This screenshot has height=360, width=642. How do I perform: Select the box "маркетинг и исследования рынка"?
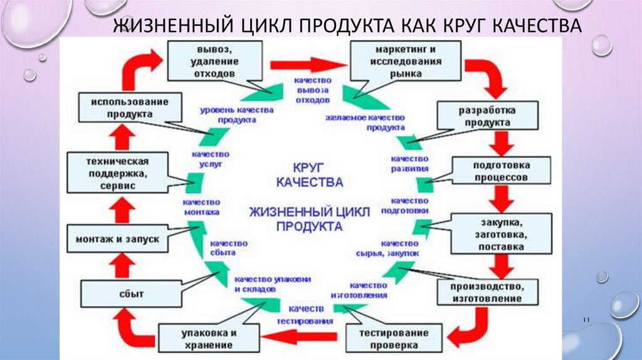396,61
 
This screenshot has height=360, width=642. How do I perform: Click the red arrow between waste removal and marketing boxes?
308,65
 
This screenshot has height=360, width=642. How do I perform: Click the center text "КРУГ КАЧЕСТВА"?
308,176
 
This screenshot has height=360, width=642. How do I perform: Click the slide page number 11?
587,320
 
